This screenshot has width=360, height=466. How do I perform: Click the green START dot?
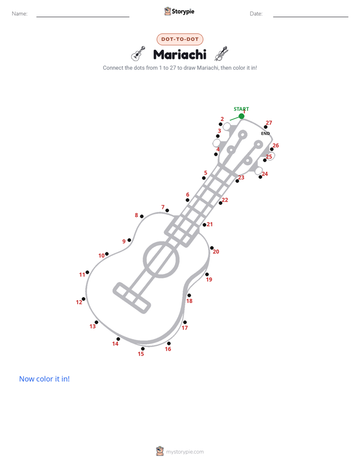pyautogui.click(x=242, y=116)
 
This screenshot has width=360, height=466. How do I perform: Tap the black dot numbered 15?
pyautogui.click(x=143, y=348)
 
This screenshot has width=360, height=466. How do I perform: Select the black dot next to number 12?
pyautogui.click(x=84, y=299)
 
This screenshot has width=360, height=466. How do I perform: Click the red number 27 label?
pyautogui.click(x=269, y=123)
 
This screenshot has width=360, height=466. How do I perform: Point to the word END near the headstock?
pyautogui.click(x=265, y=134)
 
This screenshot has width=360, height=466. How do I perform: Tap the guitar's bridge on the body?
pyautogui.click(x=132, y=298)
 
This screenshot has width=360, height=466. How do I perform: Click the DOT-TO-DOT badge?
pyautogui.click(x=180, y=39)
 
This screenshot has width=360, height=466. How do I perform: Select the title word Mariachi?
pyautogui.click(x=179, y=54)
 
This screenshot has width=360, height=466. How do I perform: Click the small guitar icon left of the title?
pyautogui.click(x=138, y=54)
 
